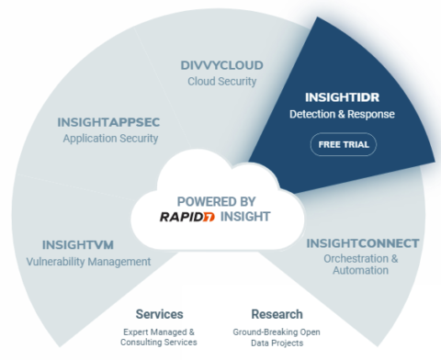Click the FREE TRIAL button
tap(343, 144)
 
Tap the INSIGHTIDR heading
tap(343, 96)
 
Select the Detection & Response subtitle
tap(343, 115)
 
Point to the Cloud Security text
tap(220, 82)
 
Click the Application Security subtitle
tap(110, 139)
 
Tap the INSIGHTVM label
tap(78, 245)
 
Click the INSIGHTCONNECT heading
tap(364, 243)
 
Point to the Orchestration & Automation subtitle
tap(364, 265)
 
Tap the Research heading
tap(277, 313)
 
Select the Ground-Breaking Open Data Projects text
tap(277, 337)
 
